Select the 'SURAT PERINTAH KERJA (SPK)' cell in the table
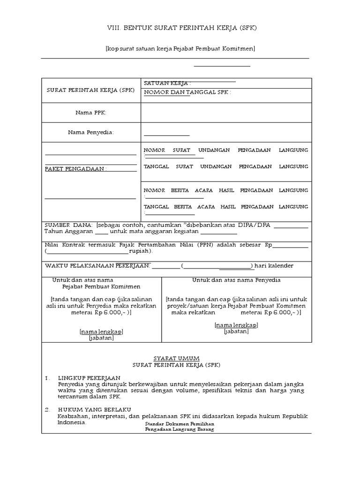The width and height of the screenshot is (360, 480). tap(91, 90)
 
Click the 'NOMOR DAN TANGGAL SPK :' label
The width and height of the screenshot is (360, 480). tap(187, 92)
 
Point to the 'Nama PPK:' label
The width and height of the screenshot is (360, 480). tap(91, 112)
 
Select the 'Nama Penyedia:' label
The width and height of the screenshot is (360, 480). tap(91, 133)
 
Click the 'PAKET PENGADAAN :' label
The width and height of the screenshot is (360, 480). tap(75, 169)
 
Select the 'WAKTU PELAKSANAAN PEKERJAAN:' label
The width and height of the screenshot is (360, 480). tap(97, 266)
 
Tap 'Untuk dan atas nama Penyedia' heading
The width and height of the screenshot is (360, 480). tap(236, 280)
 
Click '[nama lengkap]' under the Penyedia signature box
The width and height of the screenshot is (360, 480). tap(236, 325)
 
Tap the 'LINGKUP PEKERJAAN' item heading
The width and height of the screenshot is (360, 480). tap(89, 377)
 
